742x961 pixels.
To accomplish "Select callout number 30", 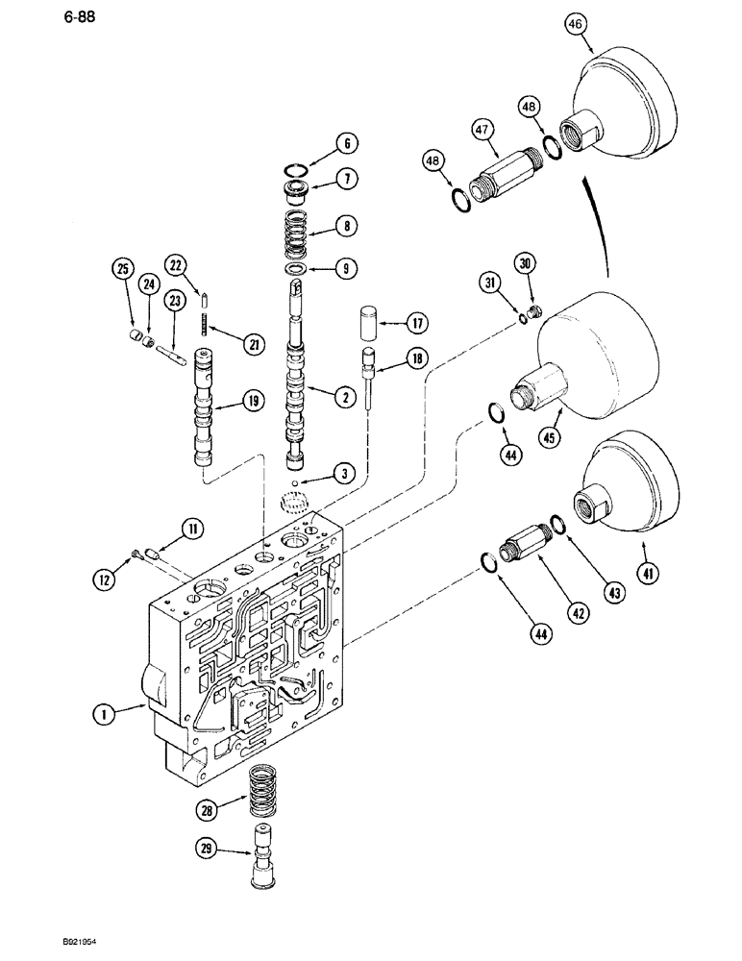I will [x=524, y=264].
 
